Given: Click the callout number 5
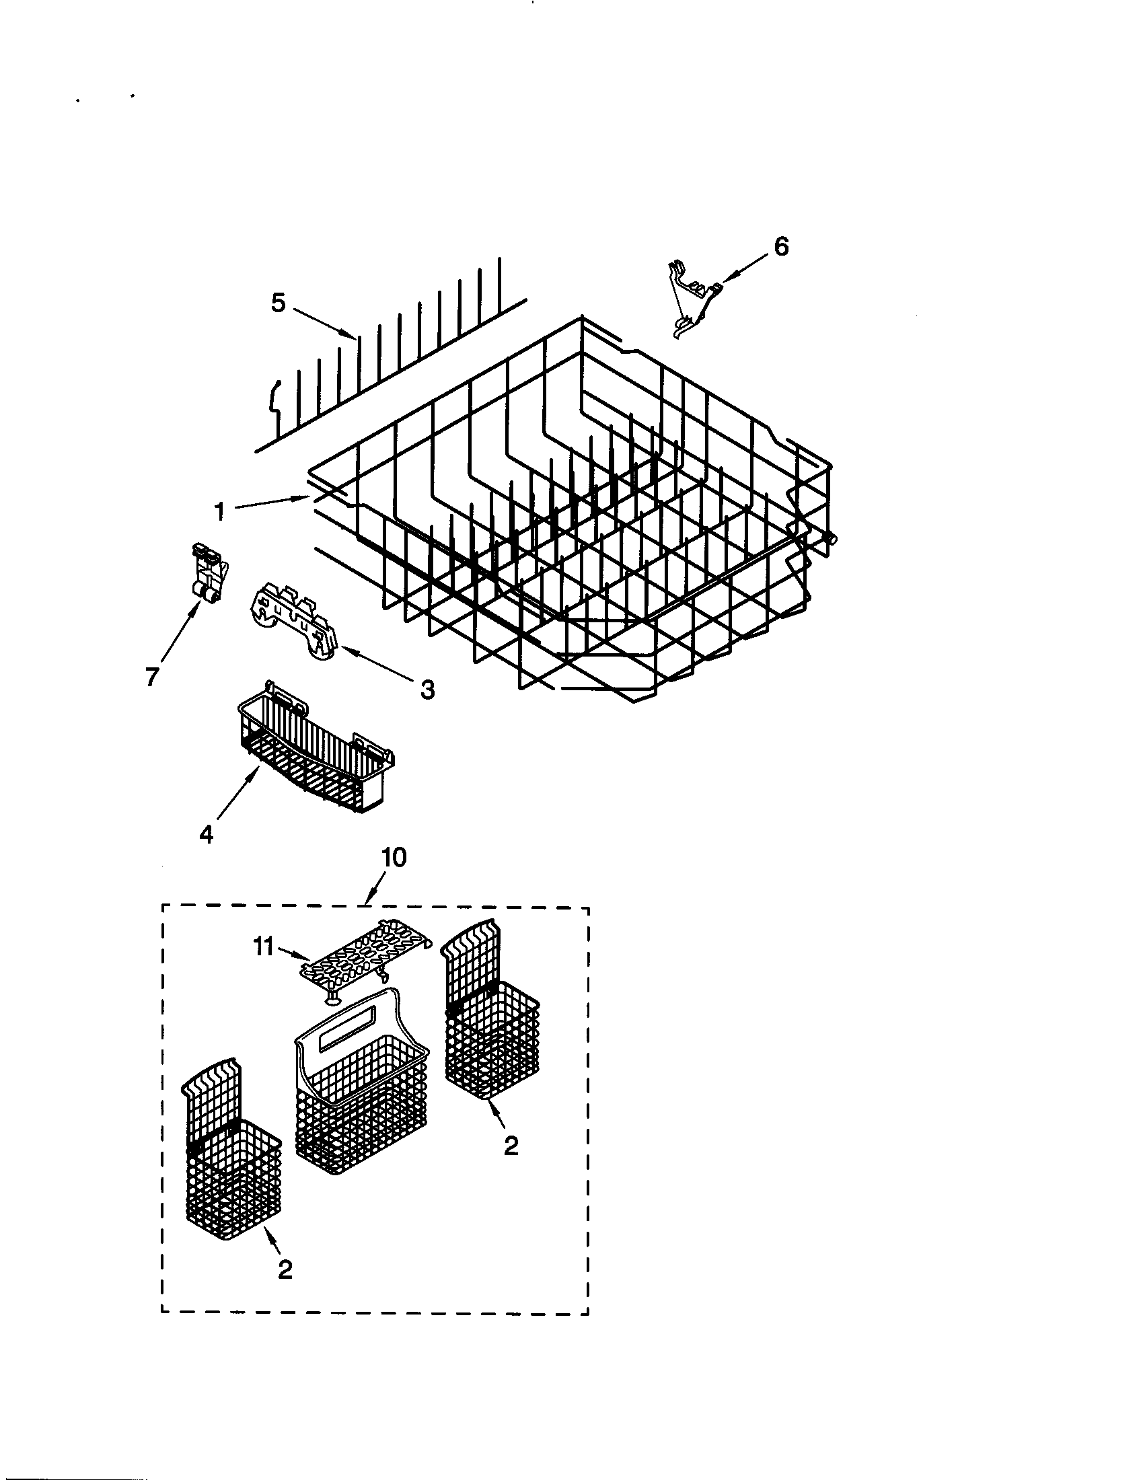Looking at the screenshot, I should (x=279, y=303).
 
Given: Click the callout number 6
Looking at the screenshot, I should (x=781, y=247).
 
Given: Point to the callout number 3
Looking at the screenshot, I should (x=427, y=690).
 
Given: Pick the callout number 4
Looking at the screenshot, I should (x=206, y=834).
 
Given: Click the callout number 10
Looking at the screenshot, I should (x=394, y=858).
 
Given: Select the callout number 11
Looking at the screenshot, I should (x=264, y=947).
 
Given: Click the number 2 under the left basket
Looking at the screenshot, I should (x=285, y=1270).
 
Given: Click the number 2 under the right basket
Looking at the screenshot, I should (x=511, y=1145).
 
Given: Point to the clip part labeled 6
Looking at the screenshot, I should (x=690, y=297).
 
